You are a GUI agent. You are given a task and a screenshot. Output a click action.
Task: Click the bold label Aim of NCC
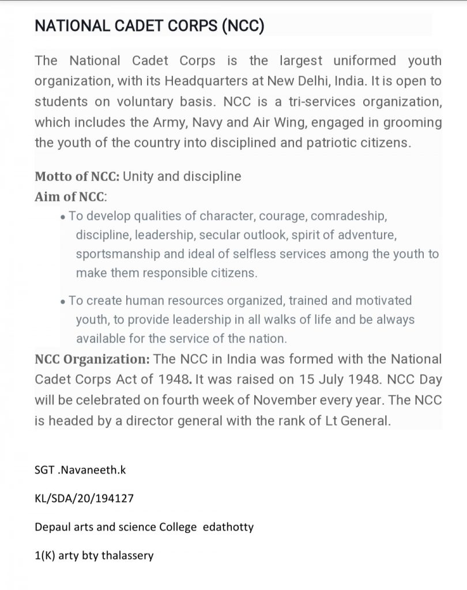pos(70,196)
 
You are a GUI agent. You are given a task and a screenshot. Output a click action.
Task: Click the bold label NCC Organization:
pos(92,359)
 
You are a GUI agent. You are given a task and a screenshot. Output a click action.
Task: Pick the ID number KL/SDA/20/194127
pos(84,498)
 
